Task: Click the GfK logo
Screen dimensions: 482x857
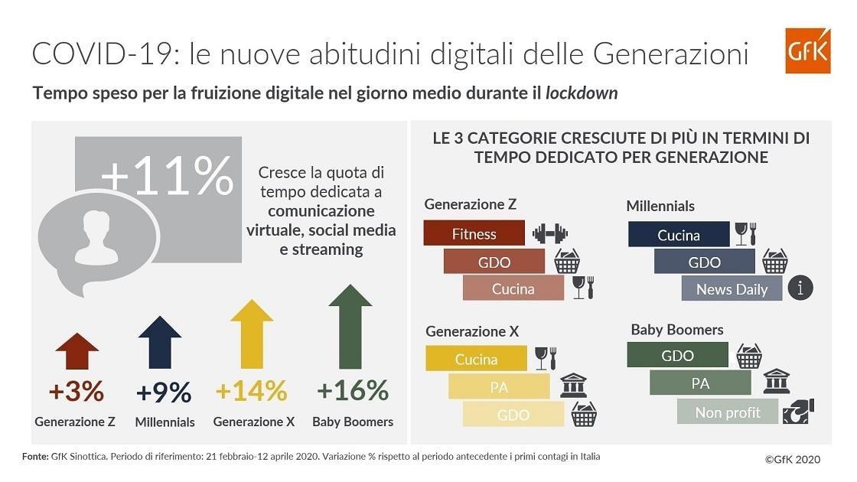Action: coord(807,50)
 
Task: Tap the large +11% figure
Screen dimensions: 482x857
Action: coord(167,176)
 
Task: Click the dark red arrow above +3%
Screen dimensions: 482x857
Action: coord(77,352)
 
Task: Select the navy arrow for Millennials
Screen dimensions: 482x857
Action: coord(159,342)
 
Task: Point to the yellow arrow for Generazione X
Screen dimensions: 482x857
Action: coord(252,334)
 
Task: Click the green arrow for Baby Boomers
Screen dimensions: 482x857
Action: coord(350,326)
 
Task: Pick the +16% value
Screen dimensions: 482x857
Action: coord(353,391)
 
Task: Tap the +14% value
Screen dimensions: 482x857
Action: coord(251,391)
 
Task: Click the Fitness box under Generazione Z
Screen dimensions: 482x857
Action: coord(474,233)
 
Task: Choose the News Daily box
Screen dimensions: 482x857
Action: coord(732,289)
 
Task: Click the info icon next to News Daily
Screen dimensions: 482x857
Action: coord(800,288)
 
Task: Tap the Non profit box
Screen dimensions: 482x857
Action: coord(727,412)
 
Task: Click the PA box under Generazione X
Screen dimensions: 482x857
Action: coord(499,387)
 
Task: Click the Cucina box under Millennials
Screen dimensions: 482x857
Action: coord(678,235)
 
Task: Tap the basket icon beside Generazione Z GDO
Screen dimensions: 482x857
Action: coord(566,262)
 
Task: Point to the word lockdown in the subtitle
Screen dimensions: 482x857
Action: coord(582,93)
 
